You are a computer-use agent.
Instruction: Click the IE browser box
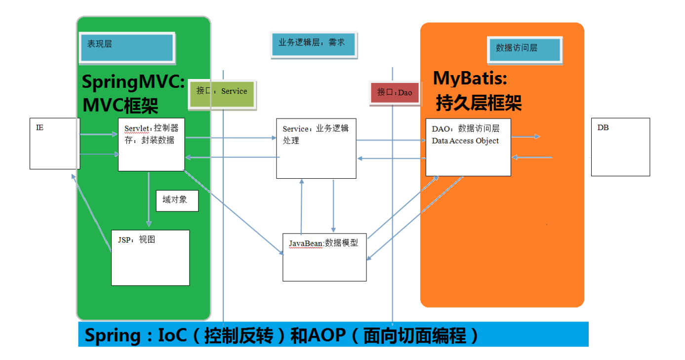point(54,144)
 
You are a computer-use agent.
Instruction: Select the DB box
point(620,147)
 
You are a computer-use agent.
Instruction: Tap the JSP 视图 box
point(150,257)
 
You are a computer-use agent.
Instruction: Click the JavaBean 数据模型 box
point(324,257)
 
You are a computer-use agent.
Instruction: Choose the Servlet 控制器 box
point(151,145)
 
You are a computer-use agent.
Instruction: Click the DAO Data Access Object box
point(468,147)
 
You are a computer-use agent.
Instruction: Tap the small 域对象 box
point(177,200)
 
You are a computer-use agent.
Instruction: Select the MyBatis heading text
point(470,78)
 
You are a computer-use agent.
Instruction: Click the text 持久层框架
point(478,103)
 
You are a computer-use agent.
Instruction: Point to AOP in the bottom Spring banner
point(326,336)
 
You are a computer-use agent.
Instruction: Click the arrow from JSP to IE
point(92,212)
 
